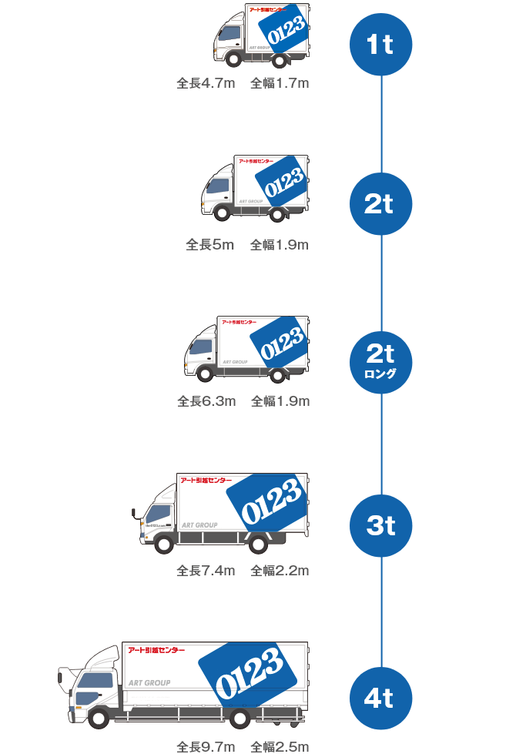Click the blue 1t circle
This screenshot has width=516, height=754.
pyautogui.click(x=381, y=45)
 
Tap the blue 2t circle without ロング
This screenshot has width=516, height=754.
pyautogui.click(x=381, y=204)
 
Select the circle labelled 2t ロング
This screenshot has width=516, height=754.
pyautogui.click(x=381, y=360)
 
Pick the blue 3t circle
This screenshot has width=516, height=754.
pyautogui.click(x=381, y=526)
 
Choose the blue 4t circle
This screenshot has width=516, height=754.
pyautogui.click(x=381, y=699)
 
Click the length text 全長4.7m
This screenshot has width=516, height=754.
pyautogui.click(x=206, y=83)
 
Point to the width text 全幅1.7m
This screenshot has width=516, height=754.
pyautogui.click(x=280, y=83)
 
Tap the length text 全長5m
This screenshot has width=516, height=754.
pyautogui.click(x=209, y=245)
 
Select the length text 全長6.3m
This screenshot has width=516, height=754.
pyautogui.click(x=206, y=401)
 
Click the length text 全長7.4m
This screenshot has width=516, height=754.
pyautogui.click(x=206, y=571)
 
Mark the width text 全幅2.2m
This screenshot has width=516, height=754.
pyautogui.click(x=280, y=571)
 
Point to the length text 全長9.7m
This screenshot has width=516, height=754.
pyautogui.click(x=206, y=746)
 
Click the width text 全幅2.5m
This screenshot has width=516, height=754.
pyautogui.click(x=280, y=746)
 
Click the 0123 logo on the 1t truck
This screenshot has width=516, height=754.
pyautogui.click(x=286, y=33)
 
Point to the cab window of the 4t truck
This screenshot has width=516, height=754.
pyautogui.click(x=95, y=681)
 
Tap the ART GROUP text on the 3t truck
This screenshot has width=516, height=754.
pyautogui.click(x=199, y=525)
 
